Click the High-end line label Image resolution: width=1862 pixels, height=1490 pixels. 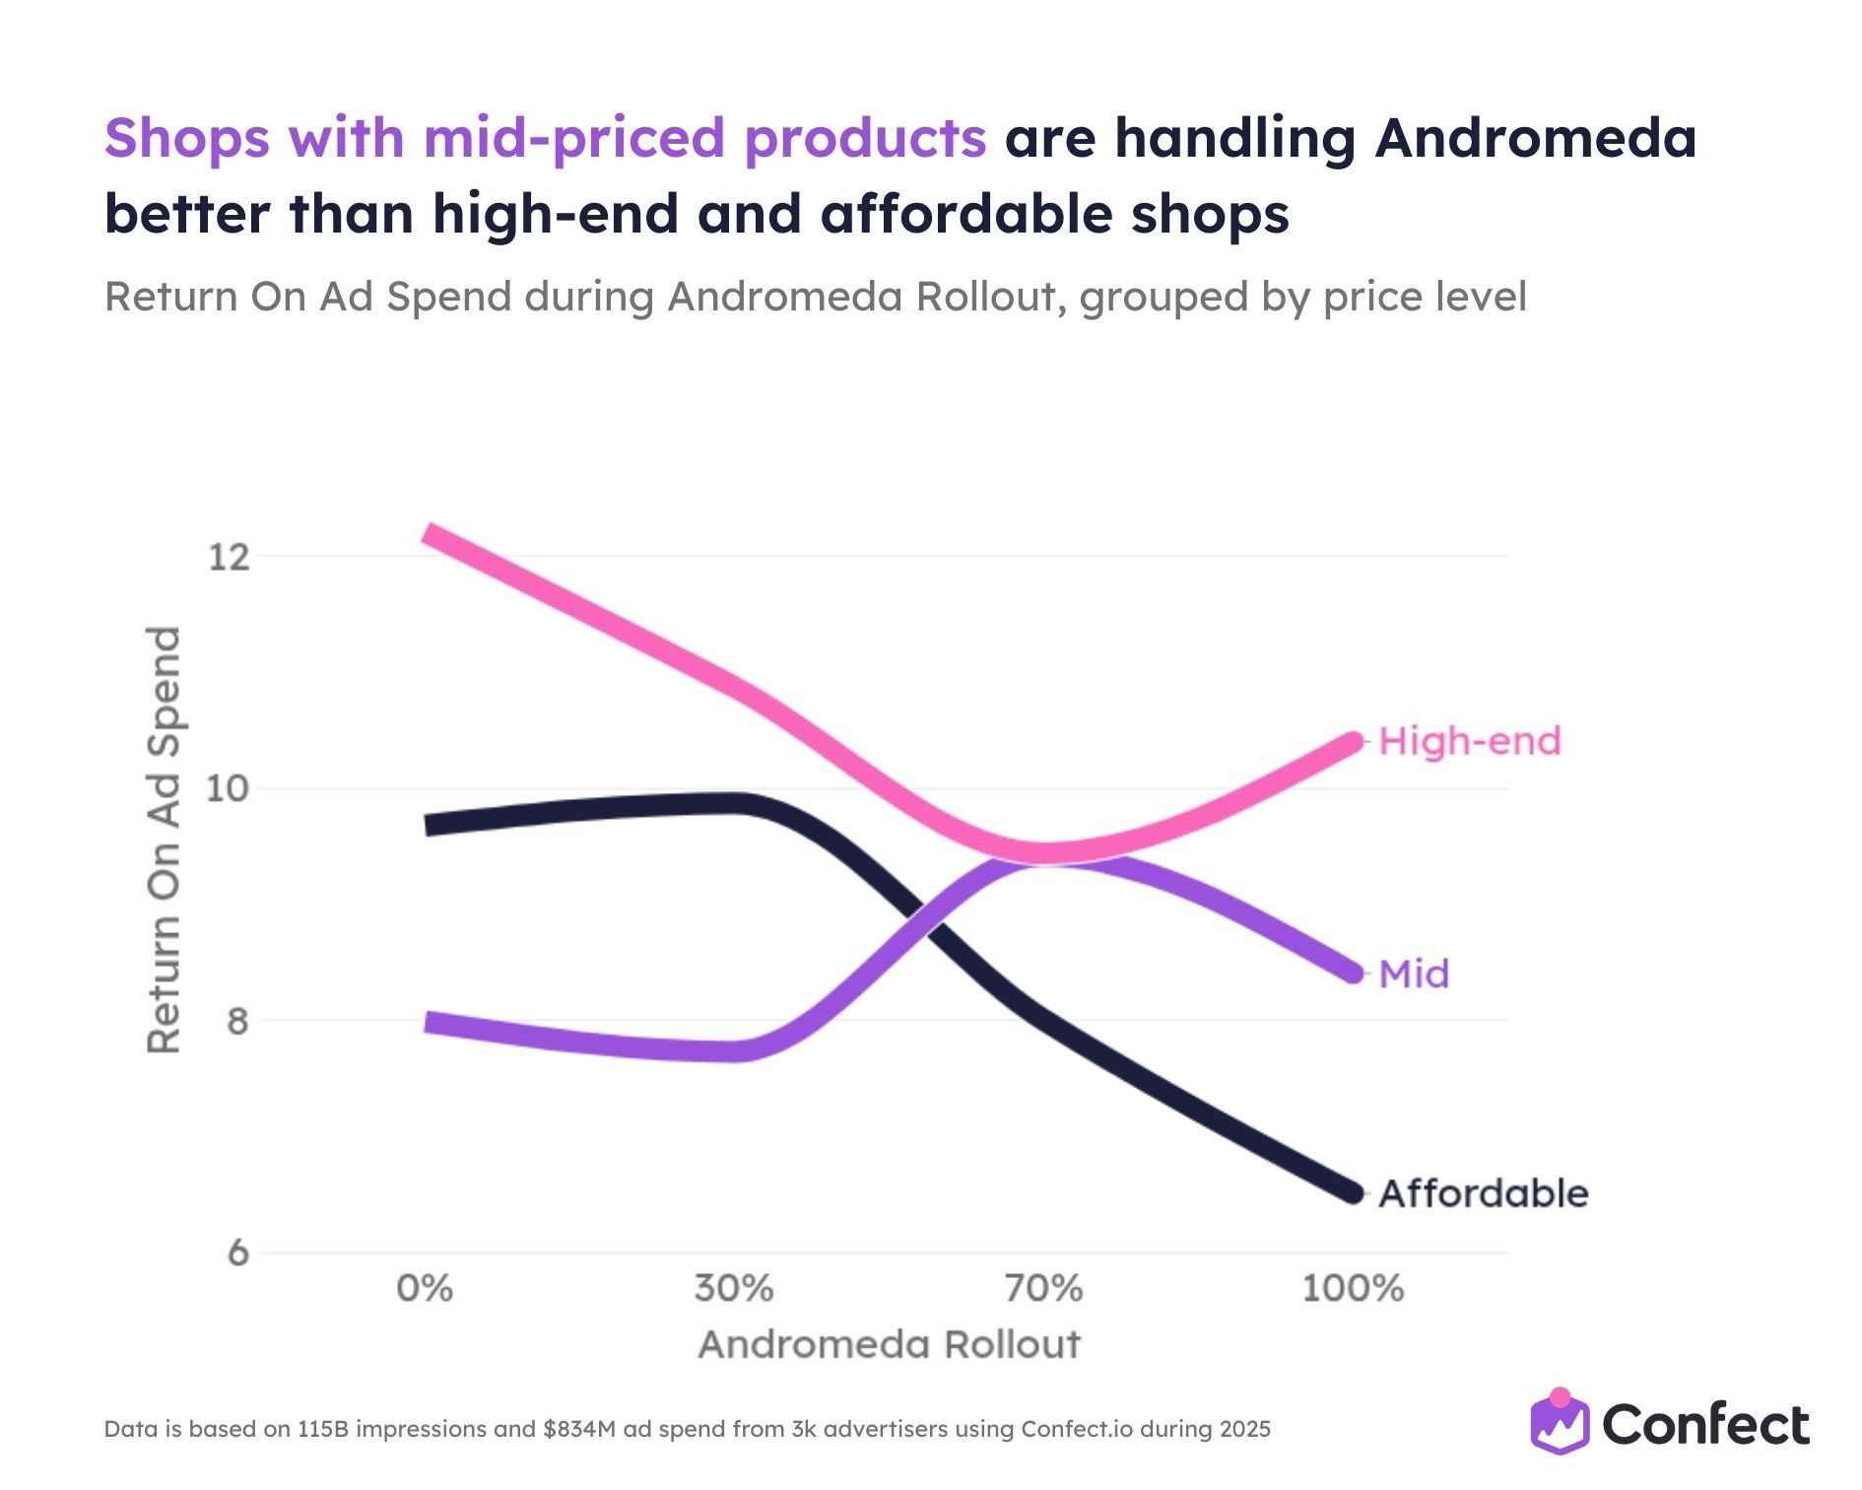1469,741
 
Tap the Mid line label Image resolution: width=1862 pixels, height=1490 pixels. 1414,975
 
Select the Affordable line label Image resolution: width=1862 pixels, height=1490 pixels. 1483,1193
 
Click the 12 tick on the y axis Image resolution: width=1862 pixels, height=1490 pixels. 228,557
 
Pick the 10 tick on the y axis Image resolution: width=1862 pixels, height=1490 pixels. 228,788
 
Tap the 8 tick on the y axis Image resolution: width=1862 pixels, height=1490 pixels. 237,1021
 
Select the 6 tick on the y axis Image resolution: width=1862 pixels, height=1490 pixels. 237,1253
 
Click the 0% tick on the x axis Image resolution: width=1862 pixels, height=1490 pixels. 425,1289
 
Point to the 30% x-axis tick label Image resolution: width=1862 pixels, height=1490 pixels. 734,1289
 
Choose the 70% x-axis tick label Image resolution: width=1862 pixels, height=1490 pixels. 1043,1289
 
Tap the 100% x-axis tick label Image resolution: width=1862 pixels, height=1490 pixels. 1353,1289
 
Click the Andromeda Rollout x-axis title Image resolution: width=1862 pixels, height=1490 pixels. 889,1345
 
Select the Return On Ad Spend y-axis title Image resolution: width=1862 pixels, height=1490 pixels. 164,840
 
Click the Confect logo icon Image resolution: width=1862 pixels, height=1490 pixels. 1560,1422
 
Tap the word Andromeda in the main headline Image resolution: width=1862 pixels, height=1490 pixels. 1536,138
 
